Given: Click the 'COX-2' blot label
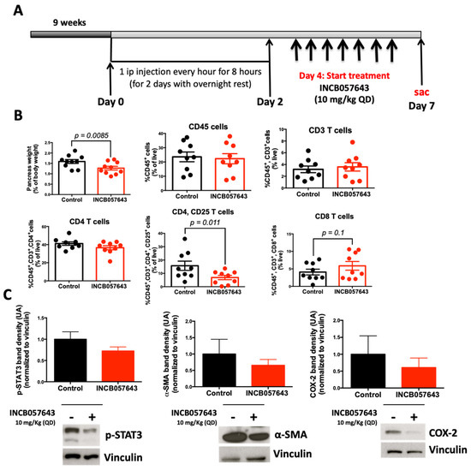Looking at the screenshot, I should tap(438, 413).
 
